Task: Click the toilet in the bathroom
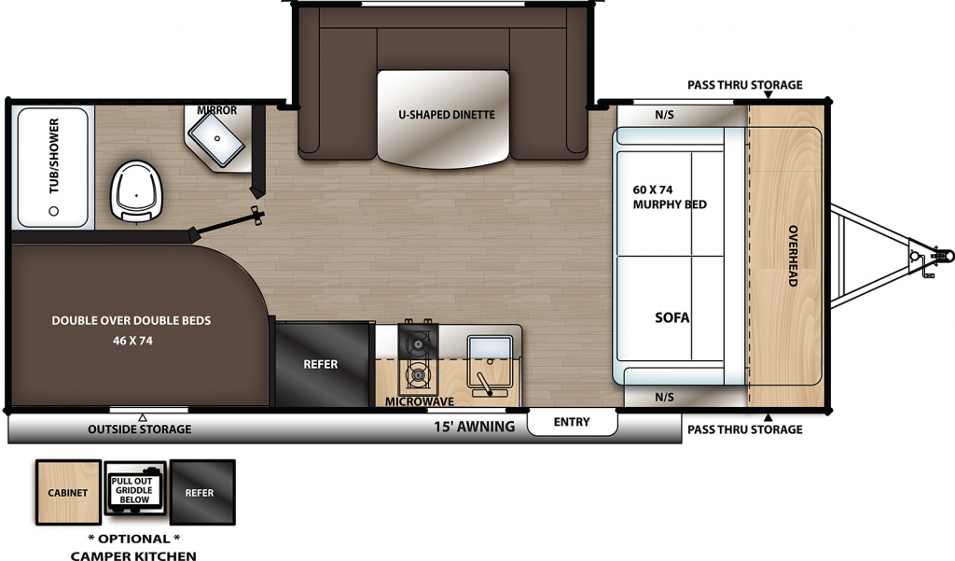pos(136,191)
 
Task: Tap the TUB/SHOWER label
pos(54,156)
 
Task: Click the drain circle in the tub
pos(53,211)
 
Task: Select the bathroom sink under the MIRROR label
pos(216,139)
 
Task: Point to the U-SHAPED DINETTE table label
pos(447,115)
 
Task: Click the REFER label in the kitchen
pos(321,364)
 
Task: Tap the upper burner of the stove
pos(417,345)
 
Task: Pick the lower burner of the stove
pos(417,375)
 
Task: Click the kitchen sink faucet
pos(485,384)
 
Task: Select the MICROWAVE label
pos(420,401)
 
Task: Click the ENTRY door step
pos(572,422)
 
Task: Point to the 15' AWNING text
pos(474,427)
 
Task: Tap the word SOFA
pos(672,317)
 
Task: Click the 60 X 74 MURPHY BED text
pos(670,197)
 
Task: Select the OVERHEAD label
pos(793,256)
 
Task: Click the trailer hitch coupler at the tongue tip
pos(943,255)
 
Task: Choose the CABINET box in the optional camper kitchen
pos(68,492)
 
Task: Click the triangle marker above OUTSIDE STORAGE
pos(143,417)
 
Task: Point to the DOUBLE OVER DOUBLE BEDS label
pos(131,320)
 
